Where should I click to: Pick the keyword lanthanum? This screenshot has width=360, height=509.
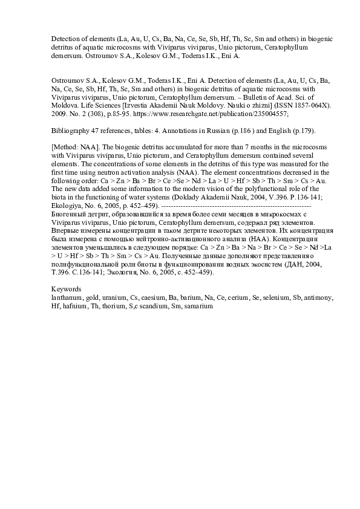(x=68, y=298)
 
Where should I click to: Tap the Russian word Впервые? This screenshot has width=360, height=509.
(x=67, y=231)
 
